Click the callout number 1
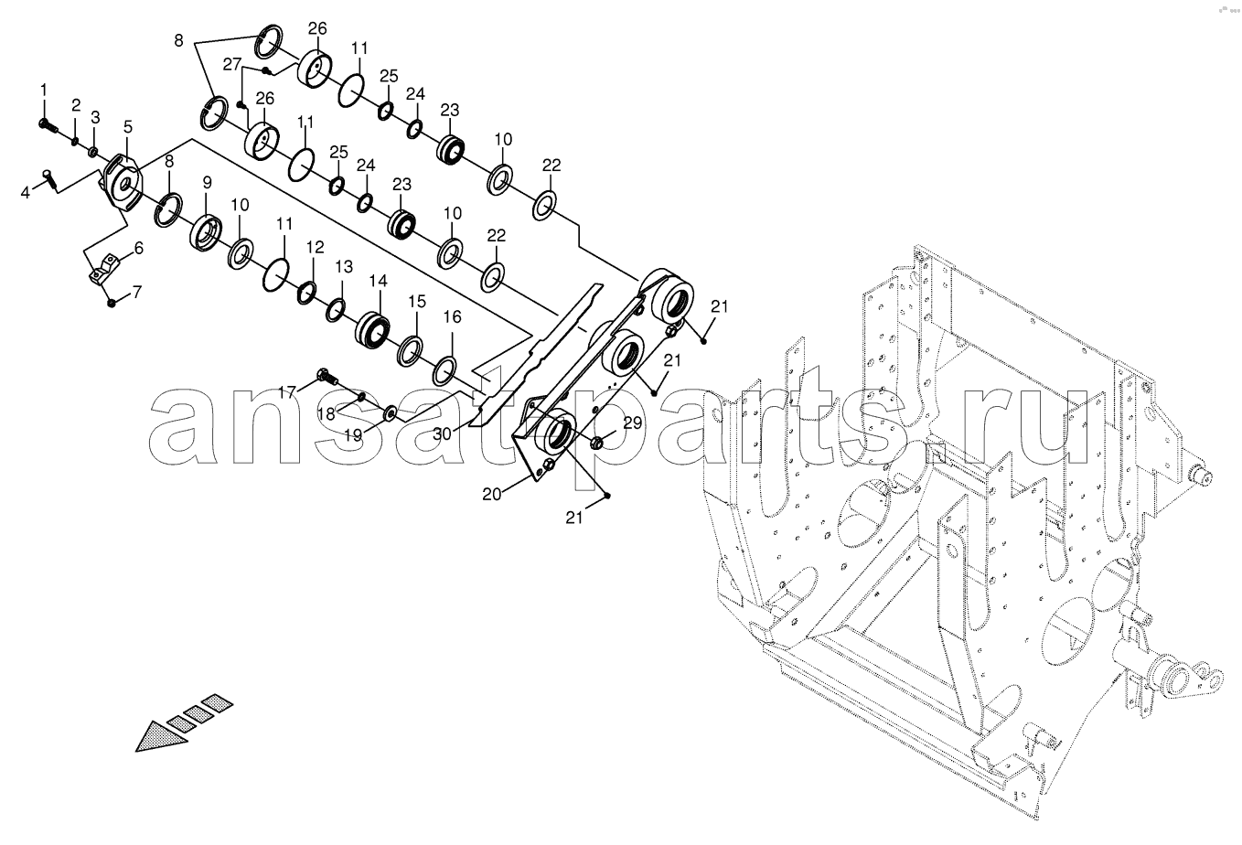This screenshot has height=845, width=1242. pyautogui.click(x=44, y=90)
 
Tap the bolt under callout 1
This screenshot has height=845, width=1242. pyautogui.click(x=48, y=126)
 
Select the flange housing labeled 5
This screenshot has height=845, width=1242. pyautogui.click(x=122, y=181)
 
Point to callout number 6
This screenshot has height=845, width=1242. pyautogui.click(x=139, y=248)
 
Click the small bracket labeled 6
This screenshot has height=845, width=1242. pyautogui.click(x=104, y=270)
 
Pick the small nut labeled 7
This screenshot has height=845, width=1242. pyautogui.click(x=112, y=303)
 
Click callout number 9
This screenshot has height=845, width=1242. pyautogui.click(x=207, y=182)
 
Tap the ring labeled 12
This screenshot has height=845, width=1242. pyautogui.click(x=307, y=293)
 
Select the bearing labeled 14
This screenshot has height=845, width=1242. pyautogui.click(x=372, y=332)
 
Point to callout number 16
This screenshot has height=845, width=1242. pyautogui.click(x=453, y=316)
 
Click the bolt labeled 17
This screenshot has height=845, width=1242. pyautogui.click(x=327, y=378)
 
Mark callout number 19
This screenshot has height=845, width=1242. pyautogui.click(x=353, y=435)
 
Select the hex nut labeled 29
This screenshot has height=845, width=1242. pyautogui.click(x=598, y=442)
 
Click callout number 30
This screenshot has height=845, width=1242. pyautogui.click(x=442, y=433)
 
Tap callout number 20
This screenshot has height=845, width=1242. pyautogui.click(x=491, y=493)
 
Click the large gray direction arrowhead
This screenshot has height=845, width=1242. pyautogui.click(x=162, y=736)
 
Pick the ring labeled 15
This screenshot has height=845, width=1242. pyautogui.click(x=411, y=350)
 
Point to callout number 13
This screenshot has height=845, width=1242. pyautogui.click(x=344, y=267)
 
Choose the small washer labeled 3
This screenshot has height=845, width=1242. pyautogui.click(x=93, y=151)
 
